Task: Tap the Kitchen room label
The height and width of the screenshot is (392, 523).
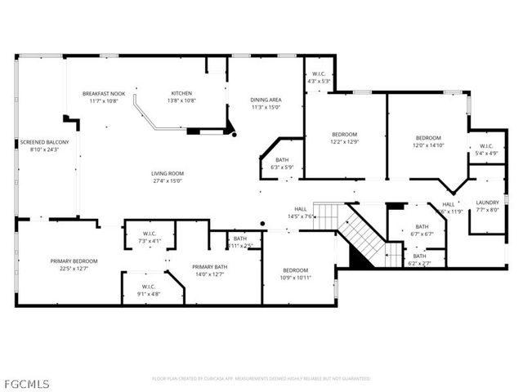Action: point(181,93)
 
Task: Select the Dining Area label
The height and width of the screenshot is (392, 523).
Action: point(266,100)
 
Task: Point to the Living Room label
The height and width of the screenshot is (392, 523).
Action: point(167,173)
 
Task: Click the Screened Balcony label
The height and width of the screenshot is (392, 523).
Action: point(38,142)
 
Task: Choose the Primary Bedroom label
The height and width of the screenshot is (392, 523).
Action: point(74,261)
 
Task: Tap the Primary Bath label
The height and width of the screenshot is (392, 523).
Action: point(209,267)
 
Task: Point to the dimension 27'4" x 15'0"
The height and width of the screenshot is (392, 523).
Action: point(167,180)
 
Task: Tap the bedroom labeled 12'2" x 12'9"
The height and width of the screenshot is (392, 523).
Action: point(345,134)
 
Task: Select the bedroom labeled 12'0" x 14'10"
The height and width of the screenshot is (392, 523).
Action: point(428,138)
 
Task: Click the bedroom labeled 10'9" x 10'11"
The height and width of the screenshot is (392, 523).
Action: point(296,270)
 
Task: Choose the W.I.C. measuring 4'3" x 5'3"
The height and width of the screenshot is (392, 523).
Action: point(318,77)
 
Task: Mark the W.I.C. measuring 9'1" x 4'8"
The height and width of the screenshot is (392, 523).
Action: point(148,287)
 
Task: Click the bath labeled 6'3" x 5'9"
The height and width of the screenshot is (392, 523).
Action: point(282,160)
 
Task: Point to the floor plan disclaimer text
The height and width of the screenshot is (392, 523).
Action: point(261,379)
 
